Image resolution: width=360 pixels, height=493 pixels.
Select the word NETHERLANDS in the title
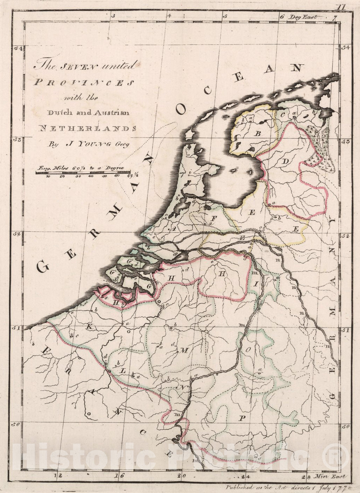coord(87,128)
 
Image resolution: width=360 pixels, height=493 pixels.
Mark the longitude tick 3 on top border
coord(113,16)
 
